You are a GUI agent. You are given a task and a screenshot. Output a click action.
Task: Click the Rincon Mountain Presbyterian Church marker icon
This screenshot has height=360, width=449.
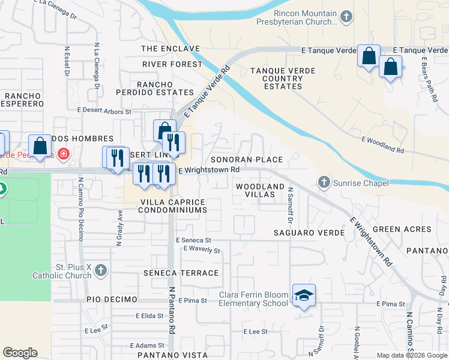346,17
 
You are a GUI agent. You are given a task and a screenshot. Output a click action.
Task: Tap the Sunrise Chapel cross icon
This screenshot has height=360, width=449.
324,182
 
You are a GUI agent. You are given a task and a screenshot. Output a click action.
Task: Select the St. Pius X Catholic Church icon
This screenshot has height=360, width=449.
101,271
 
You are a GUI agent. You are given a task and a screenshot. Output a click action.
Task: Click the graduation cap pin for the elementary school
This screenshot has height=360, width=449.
304,295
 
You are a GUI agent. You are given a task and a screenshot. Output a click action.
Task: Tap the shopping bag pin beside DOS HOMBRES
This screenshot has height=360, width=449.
40,146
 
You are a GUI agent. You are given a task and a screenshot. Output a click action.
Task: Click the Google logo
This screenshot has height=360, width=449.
20,353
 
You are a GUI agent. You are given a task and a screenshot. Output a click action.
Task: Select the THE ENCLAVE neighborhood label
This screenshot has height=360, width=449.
170,48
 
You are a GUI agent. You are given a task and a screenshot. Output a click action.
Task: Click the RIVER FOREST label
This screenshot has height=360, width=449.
173,64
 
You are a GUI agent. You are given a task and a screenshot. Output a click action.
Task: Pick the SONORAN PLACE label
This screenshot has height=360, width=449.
246,160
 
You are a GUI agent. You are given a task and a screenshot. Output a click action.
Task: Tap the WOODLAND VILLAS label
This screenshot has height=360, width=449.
260,191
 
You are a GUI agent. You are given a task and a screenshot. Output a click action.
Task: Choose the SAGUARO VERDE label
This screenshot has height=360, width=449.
309,232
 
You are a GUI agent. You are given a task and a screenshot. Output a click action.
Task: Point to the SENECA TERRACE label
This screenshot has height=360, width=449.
181,273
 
